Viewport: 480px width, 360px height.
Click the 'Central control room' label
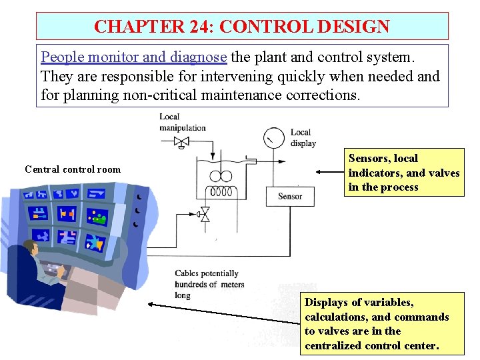click(x=73, y=169)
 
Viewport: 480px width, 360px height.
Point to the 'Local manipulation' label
click(x=182, y=123)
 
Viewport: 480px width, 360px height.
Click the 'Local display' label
click(x=303, y=137)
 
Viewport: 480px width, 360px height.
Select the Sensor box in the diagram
click(x=290, y=196)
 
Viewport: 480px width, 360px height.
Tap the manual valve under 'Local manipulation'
click(x=181, y=141)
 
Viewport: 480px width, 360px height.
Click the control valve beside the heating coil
click(x=204, y=215)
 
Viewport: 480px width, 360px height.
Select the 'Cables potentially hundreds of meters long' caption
click(x=209, y=284)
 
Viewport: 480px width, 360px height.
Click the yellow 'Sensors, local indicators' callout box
click(x=404, y=173)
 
